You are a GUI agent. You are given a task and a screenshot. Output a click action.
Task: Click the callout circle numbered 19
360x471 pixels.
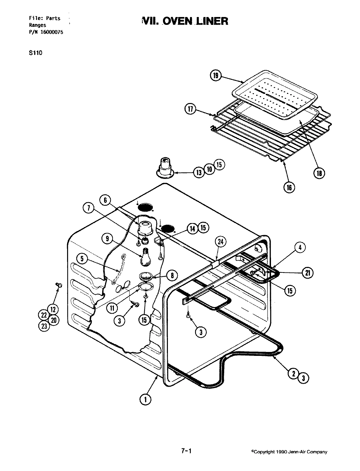pyautogui.click(x=215, y=76)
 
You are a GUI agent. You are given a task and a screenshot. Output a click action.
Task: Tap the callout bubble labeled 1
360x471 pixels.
pyautogui.click(x=145, y=399)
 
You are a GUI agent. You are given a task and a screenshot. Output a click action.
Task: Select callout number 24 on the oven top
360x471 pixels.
pyautogui.click(x=221, y=242)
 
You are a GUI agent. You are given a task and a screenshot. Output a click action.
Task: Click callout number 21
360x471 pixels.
pyautogui.click(x=307, y=273)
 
